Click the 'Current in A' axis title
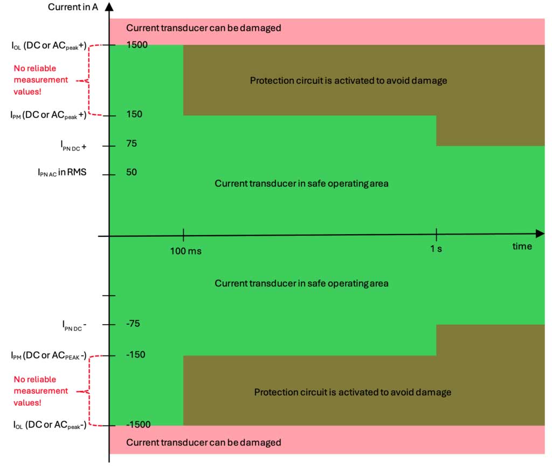72,7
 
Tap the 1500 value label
137,45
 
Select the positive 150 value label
134,114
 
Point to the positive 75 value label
131,143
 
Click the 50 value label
131,173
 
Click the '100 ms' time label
185,251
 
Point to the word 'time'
522,246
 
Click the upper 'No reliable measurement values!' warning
41,80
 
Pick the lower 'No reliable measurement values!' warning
41,390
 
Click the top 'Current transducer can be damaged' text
204,28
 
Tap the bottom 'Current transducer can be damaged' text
204,442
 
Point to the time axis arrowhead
540,233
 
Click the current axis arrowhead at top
109,7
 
